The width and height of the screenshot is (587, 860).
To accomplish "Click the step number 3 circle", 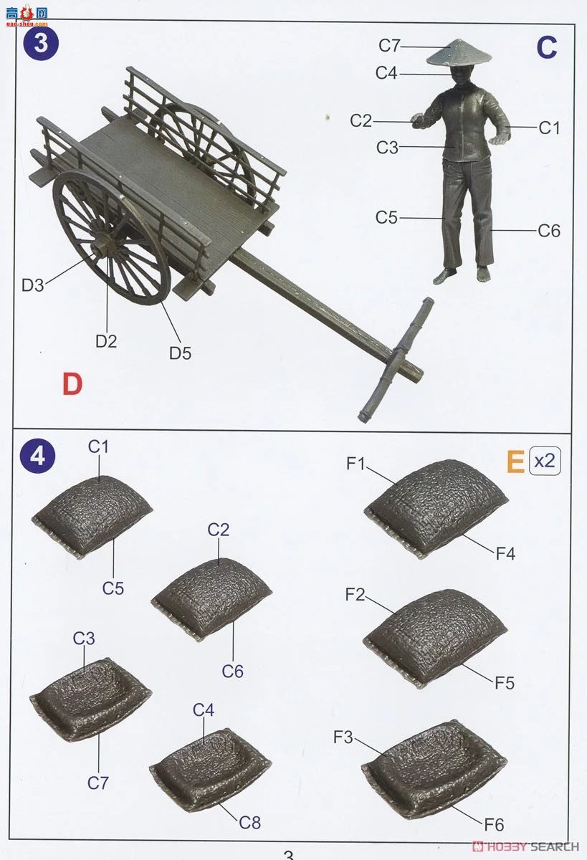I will tap(41, 44).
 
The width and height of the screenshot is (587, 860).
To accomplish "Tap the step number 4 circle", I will tap(37, 455).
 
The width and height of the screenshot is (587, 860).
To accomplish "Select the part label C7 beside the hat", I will tap(390, 46).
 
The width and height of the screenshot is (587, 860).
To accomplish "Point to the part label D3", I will tap(33, 285).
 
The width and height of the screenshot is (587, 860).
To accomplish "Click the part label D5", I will tap(181, 353).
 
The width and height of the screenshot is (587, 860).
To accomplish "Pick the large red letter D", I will tap(72, 385).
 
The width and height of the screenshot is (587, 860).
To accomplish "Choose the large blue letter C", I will tap(546, 48).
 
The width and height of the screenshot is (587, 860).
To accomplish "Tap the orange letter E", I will tap(515, 462).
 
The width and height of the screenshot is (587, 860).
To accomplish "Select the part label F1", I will tap(356, 464).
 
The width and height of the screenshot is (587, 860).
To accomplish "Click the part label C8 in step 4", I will tap(250, 822).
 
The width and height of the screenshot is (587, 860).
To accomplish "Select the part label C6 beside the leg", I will tap(549, 231).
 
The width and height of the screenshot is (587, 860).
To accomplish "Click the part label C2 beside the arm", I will tap(361, 121).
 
